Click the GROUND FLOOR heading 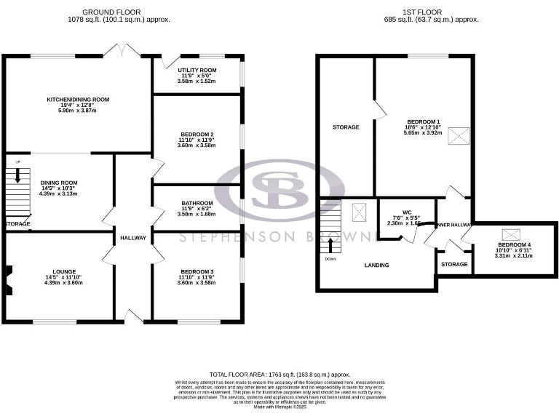click(x=111, y=12)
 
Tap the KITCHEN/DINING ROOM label click(x=77, y=99)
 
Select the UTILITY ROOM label click(x=197, y=70)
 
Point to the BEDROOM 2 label click(x=197, y=135)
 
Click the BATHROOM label click(x=197, y=203)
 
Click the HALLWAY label click(x=133, y=238)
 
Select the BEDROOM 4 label click(x=514, y=245)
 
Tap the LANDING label click(x=376, y=265)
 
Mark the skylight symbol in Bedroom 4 click(x=512, y=234)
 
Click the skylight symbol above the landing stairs click(x=359, y=212)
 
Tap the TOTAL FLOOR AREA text click(x=279, y=372)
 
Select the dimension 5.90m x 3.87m click(x=77, y=111)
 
